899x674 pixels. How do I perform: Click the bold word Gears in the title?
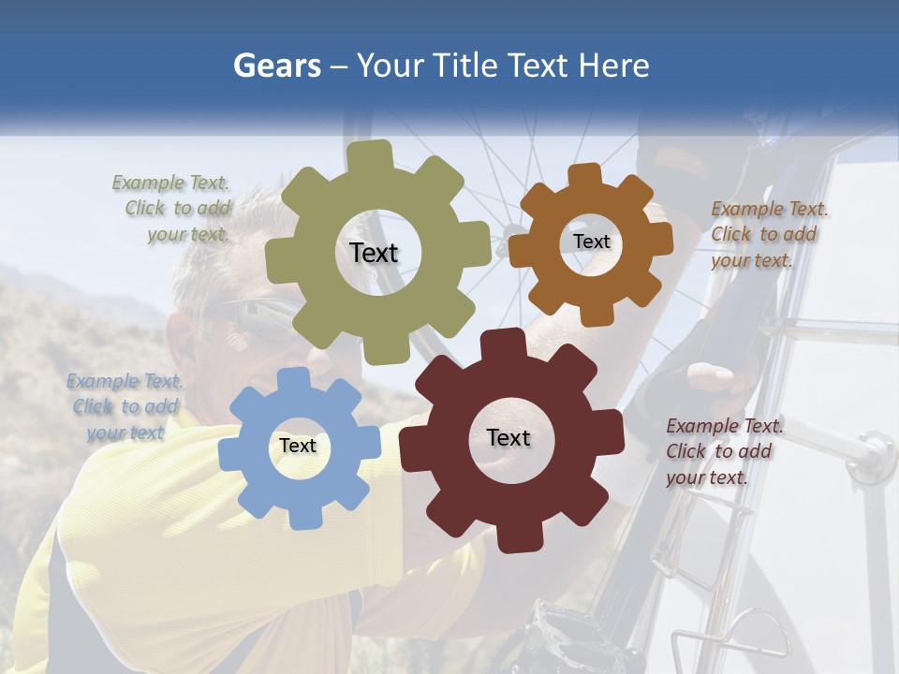[275, 66]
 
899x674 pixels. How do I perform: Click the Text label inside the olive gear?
[374, 253]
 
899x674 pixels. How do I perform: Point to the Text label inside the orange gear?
[591, 242]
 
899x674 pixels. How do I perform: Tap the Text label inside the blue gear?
[298, 447]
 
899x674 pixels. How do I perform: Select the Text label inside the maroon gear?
[508, 438]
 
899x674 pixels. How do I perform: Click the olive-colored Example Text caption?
[173, 209]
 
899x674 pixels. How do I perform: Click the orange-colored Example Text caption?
[767, 234]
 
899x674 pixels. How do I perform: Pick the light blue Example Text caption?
[125, 406]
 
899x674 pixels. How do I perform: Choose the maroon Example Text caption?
[723, 451]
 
